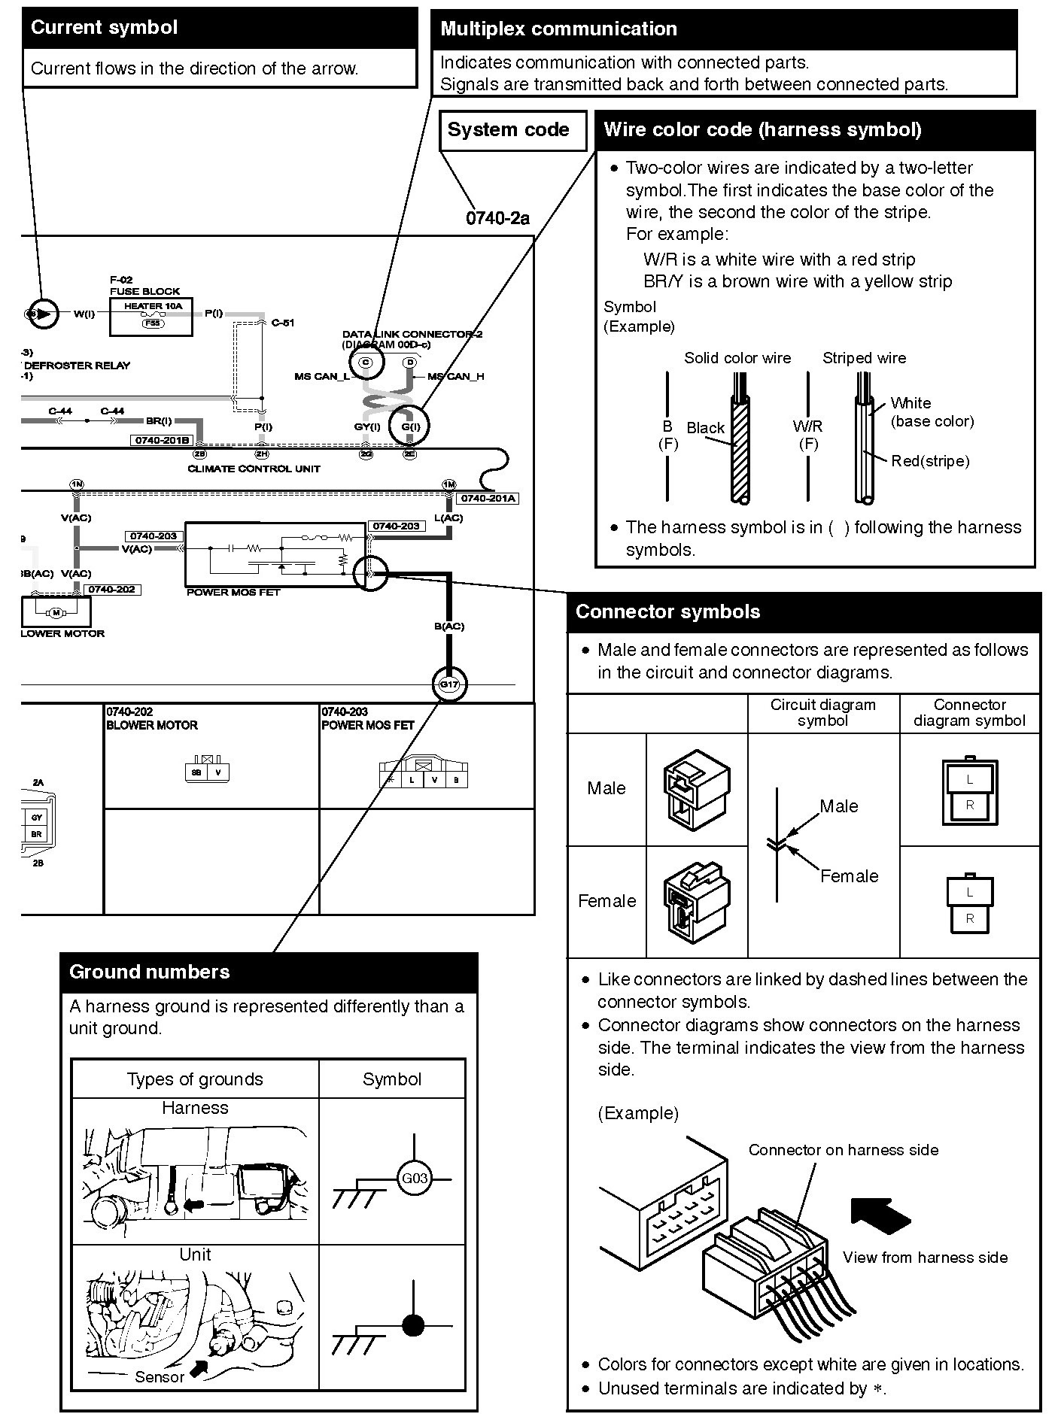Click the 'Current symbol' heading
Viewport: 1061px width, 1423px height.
click(104, 28)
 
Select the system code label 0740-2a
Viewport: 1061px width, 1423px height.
click(497, 218)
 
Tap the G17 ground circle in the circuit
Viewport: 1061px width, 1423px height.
click(449, 684)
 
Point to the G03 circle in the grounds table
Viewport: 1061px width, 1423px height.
click(414, 1178)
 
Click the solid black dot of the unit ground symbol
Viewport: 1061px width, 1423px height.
click(413, 1324)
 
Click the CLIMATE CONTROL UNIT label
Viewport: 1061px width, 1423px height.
click(254, 469)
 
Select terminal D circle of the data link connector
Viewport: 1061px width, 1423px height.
click(410, 363)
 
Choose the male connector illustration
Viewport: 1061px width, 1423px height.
click(696, 789)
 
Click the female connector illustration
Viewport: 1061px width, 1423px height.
click(696, 901)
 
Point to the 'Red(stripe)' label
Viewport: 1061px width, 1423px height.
click(930, 461)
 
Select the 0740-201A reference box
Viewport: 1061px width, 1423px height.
click(488, 498)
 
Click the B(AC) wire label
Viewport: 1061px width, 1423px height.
click(449, 626)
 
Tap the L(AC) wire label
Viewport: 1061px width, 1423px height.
click(448, 517)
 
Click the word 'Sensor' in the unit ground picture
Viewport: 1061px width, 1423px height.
click(160, 1376)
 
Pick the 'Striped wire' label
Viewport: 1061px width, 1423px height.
click(864, 358)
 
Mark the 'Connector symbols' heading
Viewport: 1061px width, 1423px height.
click(667, 611)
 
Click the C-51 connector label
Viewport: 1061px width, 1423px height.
click(283, 323)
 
